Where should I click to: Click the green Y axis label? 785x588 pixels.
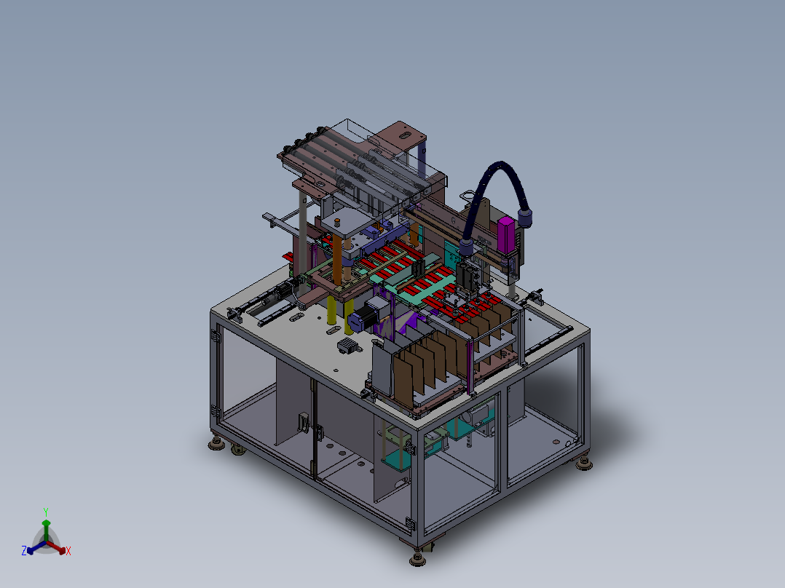pos(46,512)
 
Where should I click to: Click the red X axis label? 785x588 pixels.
pos(68,551)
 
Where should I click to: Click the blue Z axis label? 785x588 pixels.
pos(24,550)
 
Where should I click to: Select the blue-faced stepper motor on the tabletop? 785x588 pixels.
pos(363,317)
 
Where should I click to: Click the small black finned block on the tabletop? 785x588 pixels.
pos(347,345)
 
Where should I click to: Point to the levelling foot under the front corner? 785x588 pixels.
pos(417,557)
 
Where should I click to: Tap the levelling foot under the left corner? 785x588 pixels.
pos(216,443)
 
